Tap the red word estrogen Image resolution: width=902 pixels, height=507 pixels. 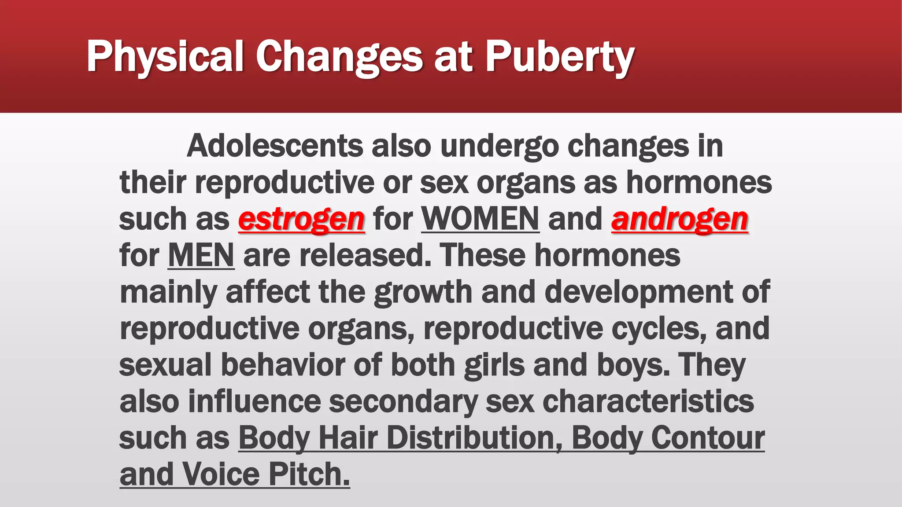(301, 219)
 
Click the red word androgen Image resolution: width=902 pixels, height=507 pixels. (680, 219)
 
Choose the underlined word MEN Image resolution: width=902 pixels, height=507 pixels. (201, 255)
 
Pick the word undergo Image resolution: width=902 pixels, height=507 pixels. (499, 147)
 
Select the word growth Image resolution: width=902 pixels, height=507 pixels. (423, 292)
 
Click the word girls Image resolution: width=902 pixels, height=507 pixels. (494, 365)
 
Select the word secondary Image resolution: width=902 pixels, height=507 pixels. (403, 402)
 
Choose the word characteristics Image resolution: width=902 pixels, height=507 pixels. (648, 402)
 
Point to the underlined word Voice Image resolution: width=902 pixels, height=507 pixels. (220, 474)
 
